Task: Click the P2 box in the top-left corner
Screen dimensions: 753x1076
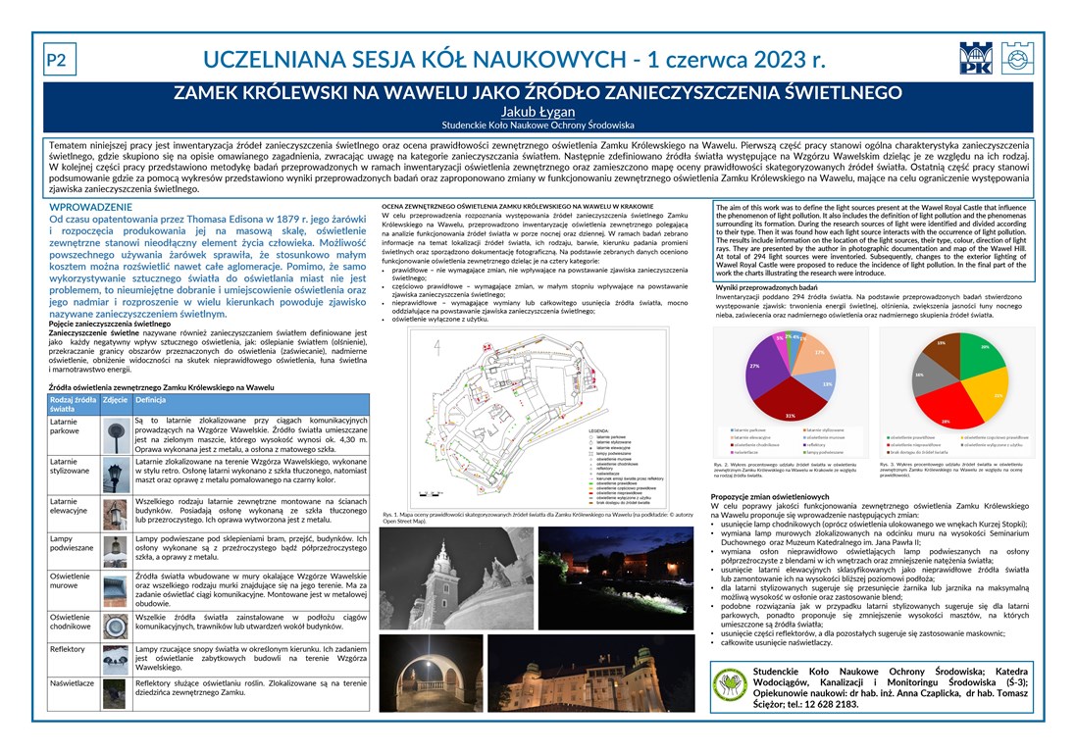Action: [56, 61]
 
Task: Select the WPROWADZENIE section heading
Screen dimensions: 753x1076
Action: [91, 208]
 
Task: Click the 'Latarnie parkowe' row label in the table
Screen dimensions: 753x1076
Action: [70, 426]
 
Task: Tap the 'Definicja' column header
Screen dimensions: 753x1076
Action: [150, 400]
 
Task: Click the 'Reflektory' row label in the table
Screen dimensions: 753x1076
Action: [68, 649]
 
